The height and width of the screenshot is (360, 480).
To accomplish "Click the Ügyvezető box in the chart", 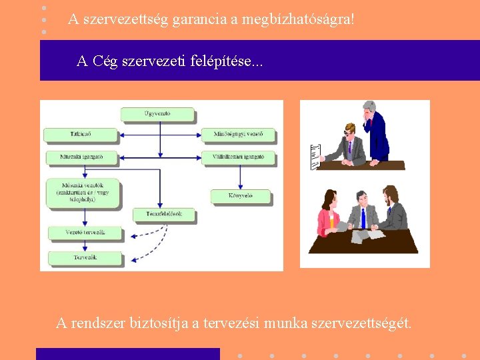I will tap(157, 114).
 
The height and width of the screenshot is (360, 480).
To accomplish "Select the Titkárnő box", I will tap(80, 135).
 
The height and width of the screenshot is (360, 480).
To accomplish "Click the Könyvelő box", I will tap(241, 196).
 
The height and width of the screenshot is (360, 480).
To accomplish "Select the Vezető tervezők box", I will tap(85, 233).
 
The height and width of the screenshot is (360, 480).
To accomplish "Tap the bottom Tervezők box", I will tap(85, 257).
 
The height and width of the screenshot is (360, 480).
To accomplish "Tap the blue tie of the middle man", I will tap(362, 217).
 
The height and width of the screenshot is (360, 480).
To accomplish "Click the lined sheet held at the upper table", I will tap(316, 156).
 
